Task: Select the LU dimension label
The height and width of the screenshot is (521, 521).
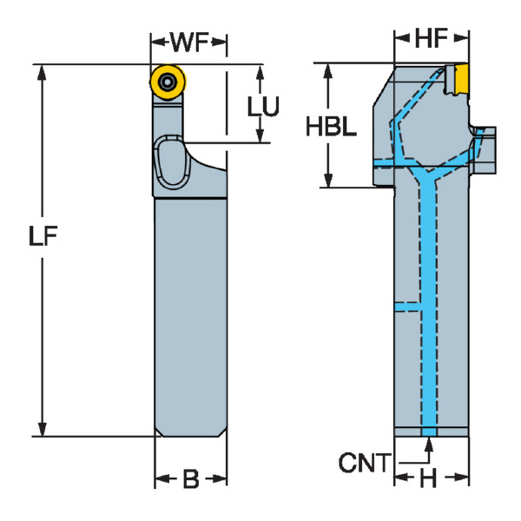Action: pyautogui.click(x=262, y=106)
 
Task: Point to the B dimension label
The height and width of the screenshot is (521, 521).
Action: pyautogui.click(x=190, y=478)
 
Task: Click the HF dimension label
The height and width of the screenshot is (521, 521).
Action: pyautogui.click(x=432, y=38)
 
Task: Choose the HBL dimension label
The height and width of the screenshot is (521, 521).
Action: pyautogui.click(x=331, y=128)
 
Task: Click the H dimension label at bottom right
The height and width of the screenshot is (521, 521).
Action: pyautogui.click(x=428, y=478)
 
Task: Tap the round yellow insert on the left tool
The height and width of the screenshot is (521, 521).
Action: pyautogui.click(x=165, y=82)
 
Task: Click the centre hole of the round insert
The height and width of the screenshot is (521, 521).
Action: pyautogui.click(x=165, y=82)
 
